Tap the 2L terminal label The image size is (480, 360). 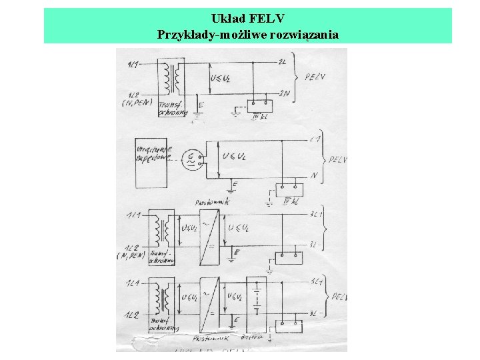click(x=282, y=61)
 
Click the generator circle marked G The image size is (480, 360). click(x=193, y=158)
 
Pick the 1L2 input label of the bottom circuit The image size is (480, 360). click(x=133, y=314)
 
